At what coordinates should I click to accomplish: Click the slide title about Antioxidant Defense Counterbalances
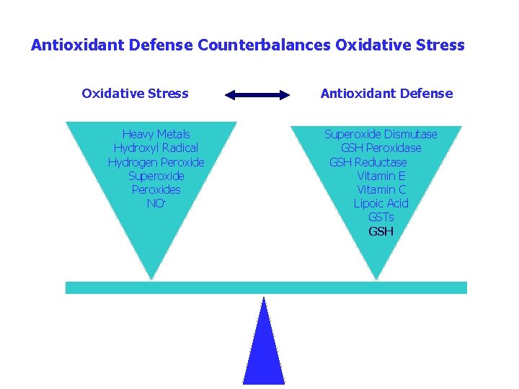coord(247,45)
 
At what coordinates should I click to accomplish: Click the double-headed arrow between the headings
coord(257,94)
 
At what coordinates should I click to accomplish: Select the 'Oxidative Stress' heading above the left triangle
coord(135,94)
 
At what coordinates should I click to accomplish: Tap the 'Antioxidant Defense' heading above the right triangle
coord(386,94)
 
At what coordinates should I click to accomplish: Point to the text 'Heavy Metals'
coord(156,134)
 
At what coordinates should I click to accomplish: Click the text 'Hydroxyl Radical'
coord(156,148)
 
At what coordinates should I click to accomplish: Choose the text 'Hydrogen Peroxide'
coord(156,162)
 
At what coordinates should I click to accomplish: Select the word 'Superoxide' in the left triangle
coord(156,176)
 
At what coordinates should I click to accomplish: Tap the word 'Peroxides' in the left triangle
coord(156,189)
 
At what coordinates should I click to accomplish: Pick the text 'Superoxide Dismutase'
coord(381,134)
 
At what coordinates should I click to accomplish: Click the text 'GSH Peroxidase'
coord(381,148)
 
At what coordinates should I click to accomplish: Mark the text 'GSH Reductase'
coord(368,162)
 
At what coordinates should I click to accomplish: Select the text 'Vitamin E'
coord(381,176)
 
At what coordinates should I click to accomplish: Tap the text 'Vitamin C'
coord(381,189)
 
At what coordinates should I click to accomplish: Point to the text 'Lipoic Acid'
coord(381,204)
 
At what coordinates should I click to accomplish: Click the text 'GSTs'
coord(381,218)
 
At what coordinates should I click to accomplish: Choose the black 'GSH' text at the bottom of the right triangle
coord(381,231)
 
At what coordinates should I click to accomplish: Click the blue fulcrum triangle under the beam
coord(264,353)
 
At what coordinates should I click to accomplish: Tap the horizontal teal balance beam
coord(266,287)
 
